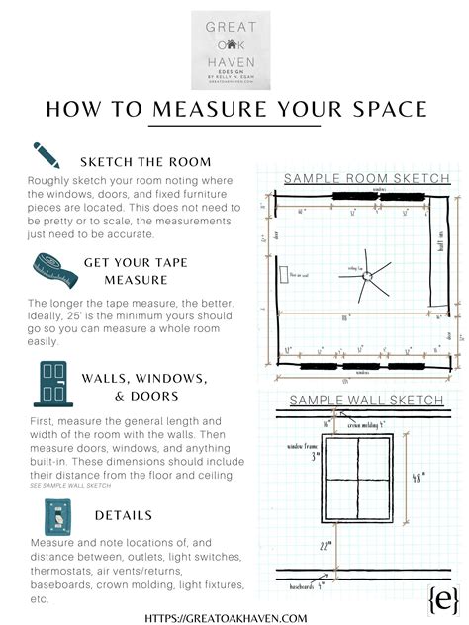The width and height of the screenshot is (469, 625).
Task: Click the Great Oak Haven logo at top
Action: (234, 49)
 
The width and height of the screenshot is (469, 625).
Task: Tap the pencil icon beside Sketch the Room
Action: (47, 155)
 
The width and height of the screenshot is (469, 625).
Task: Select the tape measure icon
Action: (48, 267)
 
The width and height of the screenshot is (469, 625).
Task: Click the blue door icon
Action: (48, 383)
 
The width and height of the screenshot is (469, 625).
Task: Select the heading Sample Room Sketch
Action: (366, 179)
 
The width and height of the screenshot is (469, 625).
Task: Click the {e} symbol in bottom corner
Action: (437, 599)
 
